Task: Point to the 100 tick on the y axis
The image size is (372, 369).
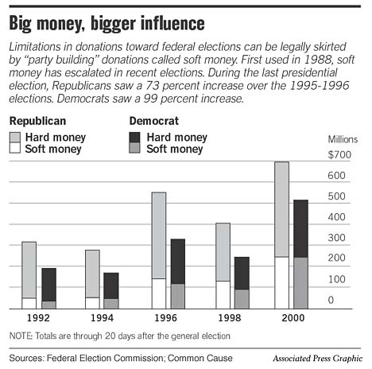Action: [x=336, y=279]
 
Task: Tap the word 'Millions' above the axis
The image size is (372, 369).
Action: [x=343, y=139]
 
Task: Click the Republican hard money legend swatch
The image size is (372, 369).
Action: [x=15, y=137]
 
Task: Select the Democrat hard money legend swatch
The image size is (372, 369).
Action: [x=135, y=137]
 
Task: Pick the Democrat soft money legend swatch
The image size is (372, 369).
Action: [x=135, y=148]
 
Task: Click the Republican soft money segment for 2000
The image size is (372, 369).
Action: [x=281, y=282]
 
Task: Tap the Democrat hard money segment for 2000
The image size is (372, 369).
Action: [x=300, y=228]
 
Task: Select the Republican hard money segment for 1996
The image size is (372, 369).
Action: [x=158, y=235]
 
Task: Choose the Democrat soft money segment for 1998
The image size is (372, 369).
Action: [x=241, y=298]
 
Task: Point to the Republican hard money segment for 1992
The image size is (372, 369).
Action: [x=29, y=270]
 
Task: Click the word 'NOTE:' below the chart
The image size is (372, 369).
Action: [x=23, y=334]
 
